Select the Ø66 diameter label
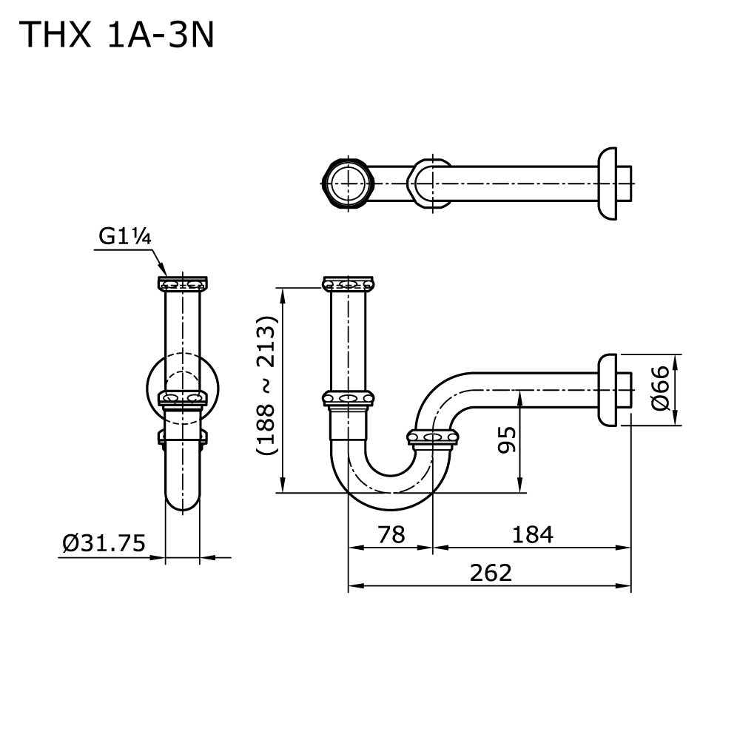coord(661,390)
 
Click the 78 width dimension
coord(390,534)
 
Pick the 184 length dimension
coord(531,534)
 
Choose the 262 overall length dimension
coord(491,572)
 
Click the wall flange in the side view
coord(608,390)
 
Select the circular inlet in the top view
coord(347,184)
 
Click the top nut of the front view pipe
coord(182,283)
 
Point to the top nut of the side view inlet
coord(348,283)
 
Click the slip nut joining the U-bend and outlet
coord(433,438)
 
